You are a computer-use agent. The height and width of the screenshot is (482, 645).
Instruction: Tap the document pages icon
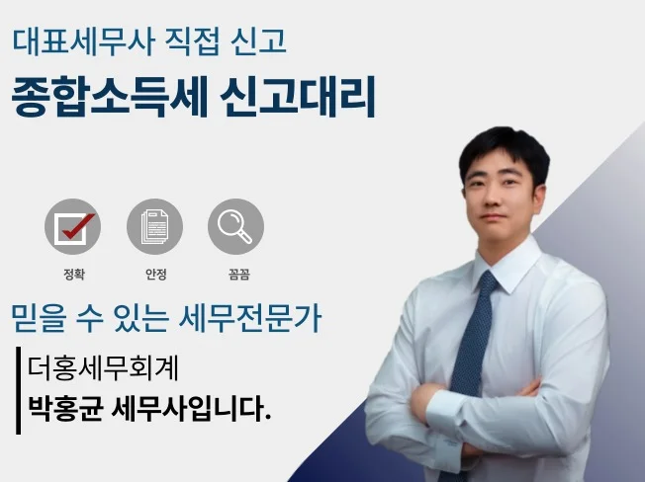point(154,226)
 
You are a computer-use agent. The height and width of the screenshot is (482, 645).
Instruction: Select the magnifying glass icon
point(235,226)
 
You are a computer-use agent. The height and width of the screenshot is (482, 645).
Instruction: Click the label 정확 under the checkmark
point(74,274)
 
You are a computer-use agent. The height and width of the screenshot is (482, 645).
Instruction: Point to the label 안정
point(156,274)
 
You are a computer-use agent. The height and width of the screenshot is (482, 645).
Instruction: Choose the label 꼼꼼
point(239,274)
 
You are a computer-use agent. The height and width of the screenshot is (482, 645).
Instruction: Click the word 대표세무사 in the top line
point(83,41)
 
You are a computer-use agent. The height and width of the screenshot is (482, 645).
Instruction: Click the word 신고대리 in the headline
point(298,97)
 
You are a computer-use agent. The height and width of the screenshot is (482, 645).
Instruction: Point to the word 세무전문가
point(250,318)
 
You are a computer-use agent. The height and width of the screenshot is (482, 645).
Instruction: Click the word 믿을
point(39,318)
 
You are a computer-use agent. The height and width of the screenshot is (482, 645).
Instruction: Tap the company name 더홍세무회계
point(103,367)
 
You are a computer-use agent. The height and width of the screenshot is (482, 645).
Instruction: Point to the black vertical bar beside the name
point(18,390)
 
